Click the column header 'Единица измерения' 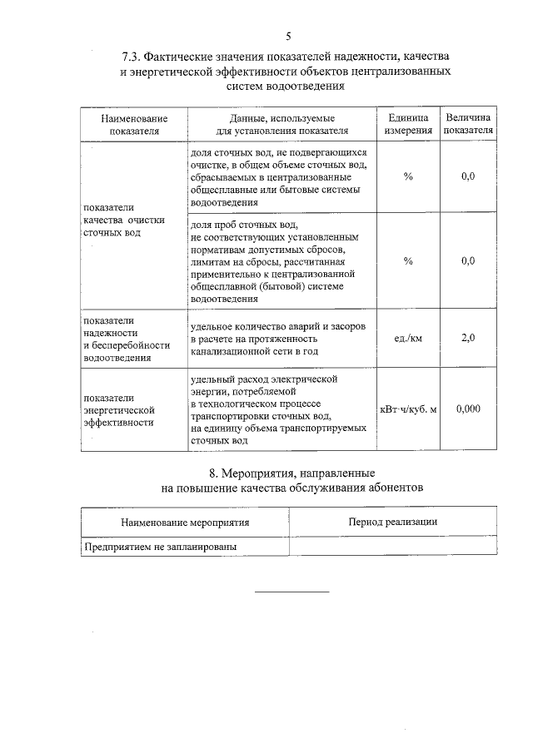(408, 124)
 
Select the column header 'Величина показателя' (468, 124)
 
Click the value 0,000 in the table (468, 409)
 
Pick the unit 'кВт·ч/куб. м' (408, 409)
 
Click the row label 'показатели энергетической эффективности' (120, 409)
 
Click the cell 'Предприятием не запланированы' (161, 547)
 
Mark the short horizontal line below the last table (291, 592)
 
